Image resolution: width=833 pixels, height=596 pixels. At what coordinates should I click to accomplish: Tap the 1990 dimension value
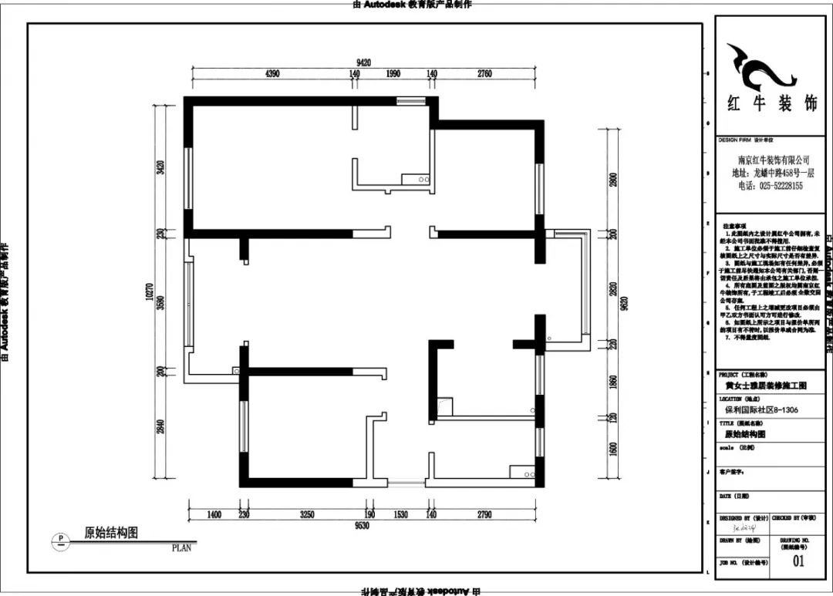click(x=393, y=74)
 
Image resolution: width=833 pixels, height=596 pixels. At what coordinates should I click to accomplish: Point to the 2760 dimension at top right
click(x=484, y=74)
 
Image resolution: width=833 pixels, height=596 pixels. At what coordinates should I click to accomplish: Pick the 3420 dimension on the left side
click(x=160, y=167)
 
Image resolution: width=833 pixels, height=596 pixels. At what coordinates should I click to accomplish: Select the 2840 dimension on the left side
click(x=160, y=426)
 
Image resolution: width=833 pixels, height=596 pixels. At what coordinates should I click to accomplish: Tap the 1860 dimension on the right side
click(x=614, y=382)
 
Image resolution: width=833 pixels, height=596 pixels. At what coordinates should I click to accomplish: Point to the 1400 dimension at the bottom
click(x=214, y=514)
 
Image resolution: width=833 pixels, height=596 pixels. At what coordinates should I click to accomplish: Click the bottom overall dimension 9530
click(x=363, y=526)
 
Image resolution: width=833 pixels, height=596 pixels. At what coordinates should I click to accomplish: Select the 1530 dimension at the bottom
click(x=400, y=514)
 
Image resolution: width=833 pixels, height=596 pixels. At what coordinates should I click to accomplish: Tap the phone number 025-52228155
click(x=771, y=186)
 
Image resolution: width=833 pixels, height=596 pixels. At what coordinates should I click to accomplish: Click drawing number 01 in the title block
click(x=798, y=561)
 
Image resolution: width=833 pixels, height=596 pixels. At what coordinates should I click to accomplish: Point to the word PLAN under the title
click(x=182, y=549)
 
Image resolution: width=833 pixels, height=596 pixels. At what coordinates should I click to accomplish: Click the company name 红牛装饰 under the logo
click(x=771, y=104)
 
